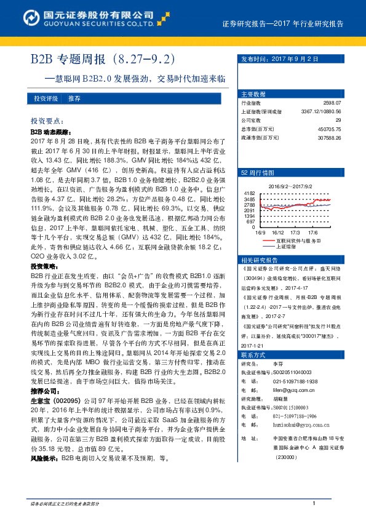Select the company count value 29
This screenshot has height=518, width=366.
tap(346, 121)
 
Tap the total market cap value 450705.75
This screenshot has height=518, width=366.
tap(337, 129)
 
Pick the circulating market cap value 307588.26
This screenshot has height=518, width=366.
tap(337, 137)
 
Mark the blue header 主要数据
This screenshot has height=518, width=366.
tap(253, 94)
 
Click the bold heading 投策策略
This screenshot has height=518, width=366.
tap(41, 267)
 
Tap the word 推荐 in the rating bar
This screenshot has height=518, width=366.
tap(74, 98)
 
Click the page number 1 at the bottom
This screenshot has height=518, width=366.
tap(314, 504)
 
